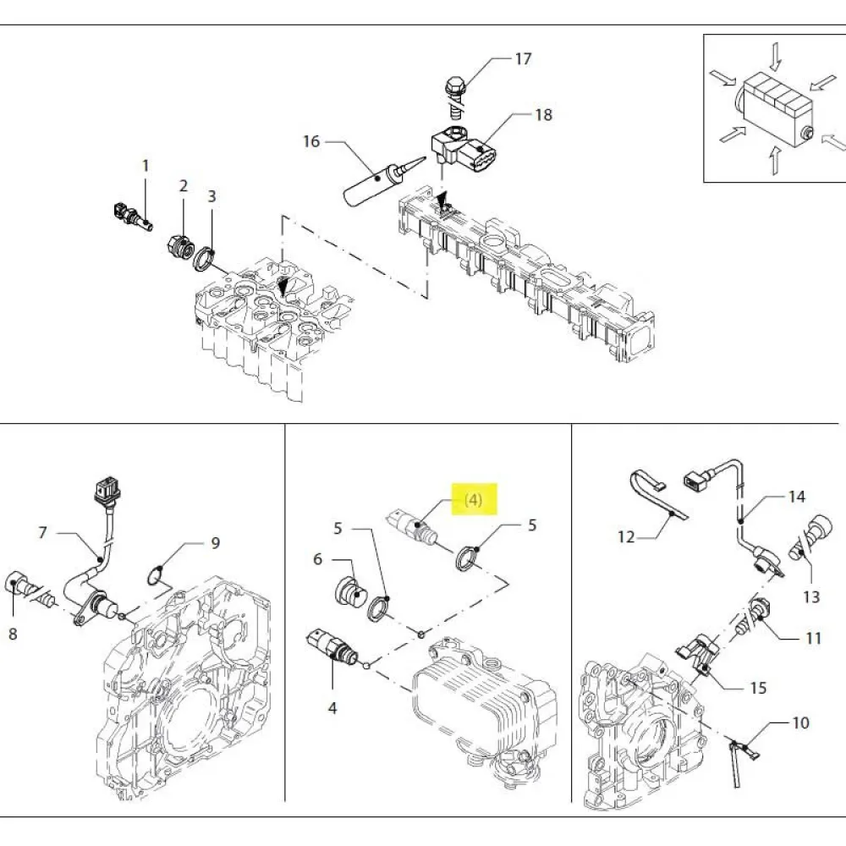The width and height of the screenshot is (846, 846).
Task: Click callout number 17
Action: pyautogui.click(x=523, y=58)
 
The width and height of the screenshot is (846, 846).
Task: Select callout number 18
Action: pyautogui.click(x=542, y=114)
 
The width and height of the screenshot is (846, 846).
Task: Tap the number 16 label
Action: pyautogui.click(x=311, y=141)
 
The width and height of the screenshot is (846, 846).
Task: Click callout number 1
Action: pyautogui.click(x=145, y=166)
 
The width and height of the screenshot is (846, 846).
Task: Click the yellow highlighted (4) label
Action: pyautogui.click(x=472, y=500)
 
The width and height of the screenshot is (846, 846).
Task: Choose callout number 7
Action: pyautogui.click(x=42, y=533)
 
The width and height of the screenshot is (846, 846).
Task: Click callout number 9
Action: pyautogui.click(x=215, y=542)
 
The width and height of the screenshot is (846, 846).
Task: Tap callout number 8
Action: pyautogui.click(x=13, y=632)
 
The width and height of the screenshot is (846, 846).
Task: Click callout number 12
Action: pyautogui.click(x=626, y=536)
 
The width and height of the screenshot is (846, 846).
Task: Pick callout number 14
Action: pyautogui.click(x=797, y=497)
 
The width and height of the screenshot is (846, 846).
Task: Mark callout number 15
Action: pyautogui.click(x=758, y=687)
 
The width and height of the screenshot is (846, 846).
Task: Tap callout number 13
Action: pyautogui.click(x=811, y=597)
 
